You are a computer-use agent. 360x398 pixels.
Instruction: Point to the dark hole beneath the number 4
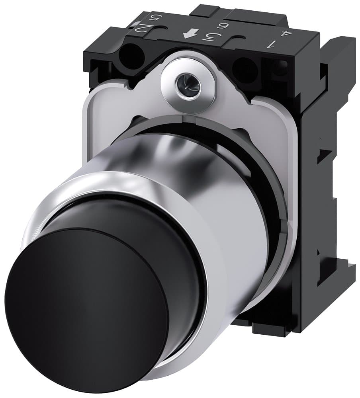pyautogui.click(x=281, y=68)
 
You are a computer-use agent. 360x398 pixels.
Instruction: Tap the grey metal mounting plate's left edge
pyautogui.click(x=88, y=131)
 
